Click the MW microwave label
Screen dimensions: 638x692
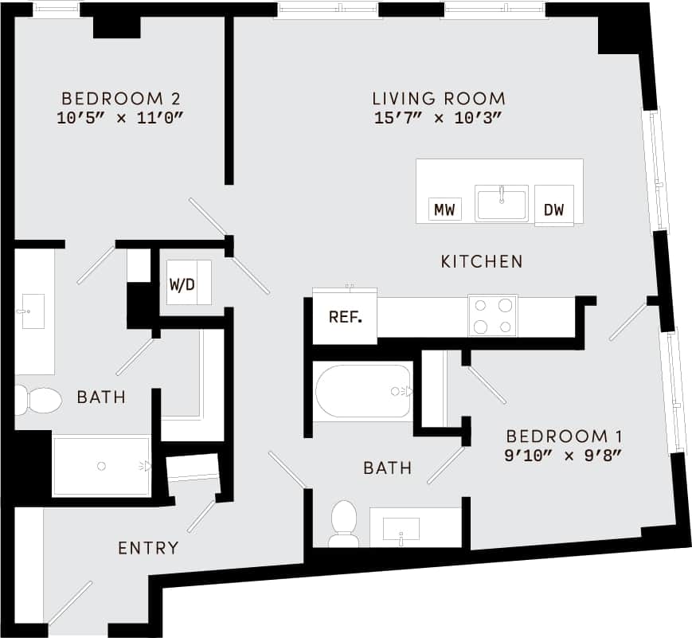[444, 209]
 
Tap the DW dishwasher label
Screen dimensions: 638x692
[553, 209]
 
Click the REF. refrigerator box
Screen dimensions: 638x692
[346, 317]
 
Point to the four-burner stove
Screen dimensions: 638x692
[492, 315]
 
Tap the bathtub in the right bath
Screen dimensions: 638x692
[363, 391]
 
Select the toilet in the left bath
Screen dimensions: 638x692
[37, 400]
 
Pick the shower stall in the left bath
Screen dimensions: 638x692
[101, 466]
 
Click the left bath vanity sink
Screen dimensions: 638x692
[33, 311]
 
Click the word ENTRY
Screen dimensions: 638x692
[148, 548]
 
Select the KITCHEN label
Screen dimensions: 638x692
[482, 261]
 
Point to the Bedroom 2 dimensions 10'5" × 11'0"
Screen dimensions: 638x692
[120, 118]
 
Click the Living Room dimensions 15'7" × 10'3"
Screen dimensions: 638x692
[439, 118]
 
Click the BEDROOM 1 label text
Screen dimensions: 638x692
[564, 436]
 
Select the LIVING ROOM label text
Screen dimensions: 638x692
[439, 99]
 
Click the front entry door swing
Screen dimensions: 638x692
[70, 603]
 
